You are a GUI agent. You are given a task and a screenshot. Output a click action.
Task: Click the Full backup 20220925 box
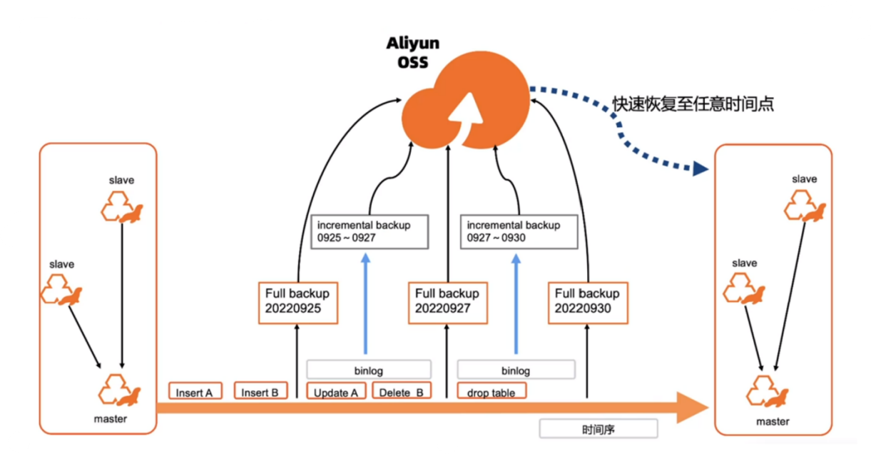click(x=297, y=301)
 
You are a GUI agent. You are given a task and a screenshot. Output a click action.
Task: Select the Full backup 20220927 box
click(x=447, y=301)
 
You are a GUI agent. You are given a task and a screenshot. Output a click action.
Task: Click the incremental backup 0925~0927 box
click(x=369, y=231)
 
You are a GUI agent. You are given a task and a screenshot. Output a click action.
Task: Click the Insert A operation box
click(x=195, y=391)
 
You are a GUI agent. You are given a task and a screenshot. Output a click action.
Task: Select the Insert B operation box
click(x=260, y=391)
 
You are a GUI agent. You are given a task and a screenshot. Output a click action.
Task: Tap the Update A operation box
click(x=336, y=391)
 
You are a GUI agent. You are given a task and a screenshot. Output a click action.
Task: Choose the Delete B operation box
click(x=401, y=391)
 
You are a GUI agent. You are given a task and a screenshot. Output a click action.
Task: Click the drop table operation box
click(x=491, y=391)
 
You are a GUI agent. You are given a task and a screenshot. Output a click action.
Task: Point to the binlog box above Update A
click(x=369, y=370)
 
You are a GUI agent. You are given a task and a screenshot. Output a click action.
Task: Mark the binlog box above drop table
click(x=516, y=370)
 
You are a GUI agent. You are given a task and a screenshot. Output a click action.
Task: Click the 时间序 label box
click(x=598, y=429)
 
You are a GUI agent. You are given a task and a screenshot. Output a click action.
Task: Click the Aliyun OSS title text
click(x=413, y=52)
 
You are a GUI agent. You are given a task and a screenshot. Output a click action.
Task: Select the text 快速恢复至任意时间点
click(x=693, y=104)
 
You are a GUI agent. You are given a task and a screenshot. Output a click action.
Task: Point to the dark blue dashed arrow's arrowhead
click(x=700, y=169)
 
